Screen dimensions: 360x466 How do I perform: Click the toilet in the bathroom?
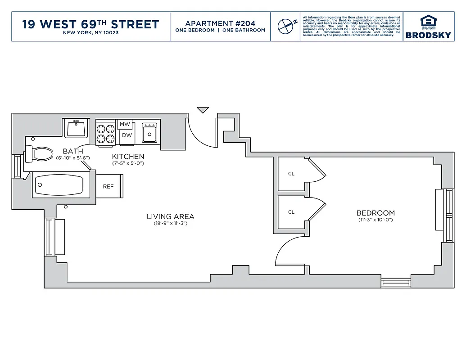click(40, 154)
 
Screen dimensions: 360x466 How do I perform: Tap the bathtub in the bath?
click(59, 185)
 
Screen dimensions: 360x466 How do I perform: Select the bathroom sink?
click(77, 128)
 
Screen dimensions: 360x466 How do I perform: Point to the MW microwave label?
click(125, 124)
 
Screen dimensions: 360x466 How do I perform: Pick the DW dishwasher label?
click(127, 135)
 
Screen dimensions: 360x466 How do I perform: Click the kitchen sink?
click(149, 133)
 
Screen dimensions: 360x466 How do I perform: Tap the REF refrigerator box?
click(109, 186)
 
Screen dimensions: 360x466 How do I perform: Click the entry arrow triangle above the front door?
click(203, 110)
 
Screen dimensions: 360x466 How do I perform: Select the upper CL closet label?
click(291, 174)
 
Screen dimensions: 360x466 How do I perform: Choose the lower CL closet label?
click(291, 212)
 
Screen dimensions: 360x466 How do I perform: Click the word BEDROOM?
click(376, 213)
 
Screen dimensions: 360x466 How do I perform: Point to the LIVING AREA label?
click(170, 216)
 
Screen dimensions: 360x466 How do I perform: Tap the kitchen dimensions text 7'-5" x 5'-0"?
click(128, 163)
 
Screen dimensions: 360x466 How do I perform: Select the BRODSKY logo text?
click(428, 35)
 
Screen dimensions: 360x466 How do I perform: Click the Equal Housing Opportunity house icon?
click(428, 21)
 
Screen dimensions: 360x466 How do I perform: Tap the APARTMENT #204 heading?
click(220, 23)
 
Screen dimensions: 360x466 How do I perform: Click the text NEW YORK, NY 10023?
click(90, 33)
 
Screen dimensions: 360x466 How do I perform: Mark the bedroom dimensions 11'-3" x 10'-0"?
click(376, 220)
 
